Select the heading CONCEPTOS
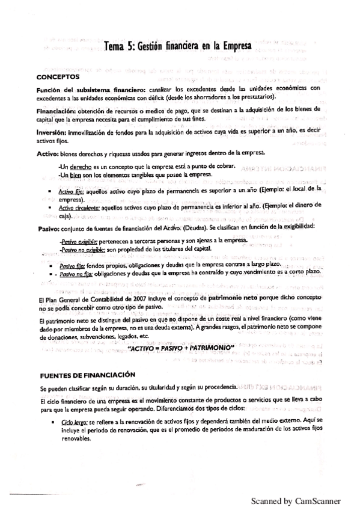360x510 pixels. (x=59, y=77)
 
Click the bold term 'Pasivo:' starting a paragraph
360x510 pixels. (x=48, y=226)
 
